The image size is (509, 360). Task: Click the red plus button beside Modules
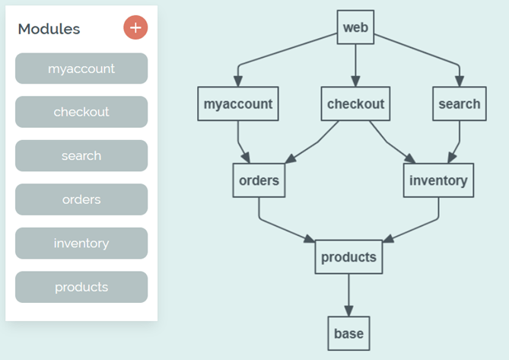pos(135,28)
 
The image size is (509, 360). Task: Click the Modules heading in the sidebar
pos(49,29)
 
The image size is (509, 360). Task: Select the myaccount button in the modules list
pos(81,68)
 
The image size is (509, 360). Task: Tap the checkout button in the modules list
pos(81,112)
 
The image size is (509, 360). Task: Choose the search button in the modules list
pos(81,155)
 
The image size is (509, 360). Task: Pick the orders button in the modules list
pos(81,199)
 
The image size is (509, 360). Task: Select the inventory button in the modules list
pos(81,244)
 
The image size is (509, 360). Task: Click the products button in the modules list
pos(81,287)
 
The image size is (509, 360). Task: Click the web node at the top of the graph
pos(355,27)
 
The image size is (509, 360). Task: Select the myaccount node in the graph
pos(238,104)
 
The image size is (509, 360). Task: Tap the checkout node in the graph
pos(355,104)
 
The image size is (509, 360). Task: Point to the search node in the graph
pos(459,104)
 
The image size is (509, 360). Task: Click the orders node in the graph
pos(259,180)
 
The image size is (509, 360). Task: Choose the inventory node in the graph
pos(438,180)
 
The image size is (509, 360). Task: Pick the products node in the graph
pos(348,257)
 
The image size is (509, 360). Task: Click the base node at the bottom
pos(348,333)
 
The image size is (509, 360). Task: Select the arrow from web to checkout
pos(355,65)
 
